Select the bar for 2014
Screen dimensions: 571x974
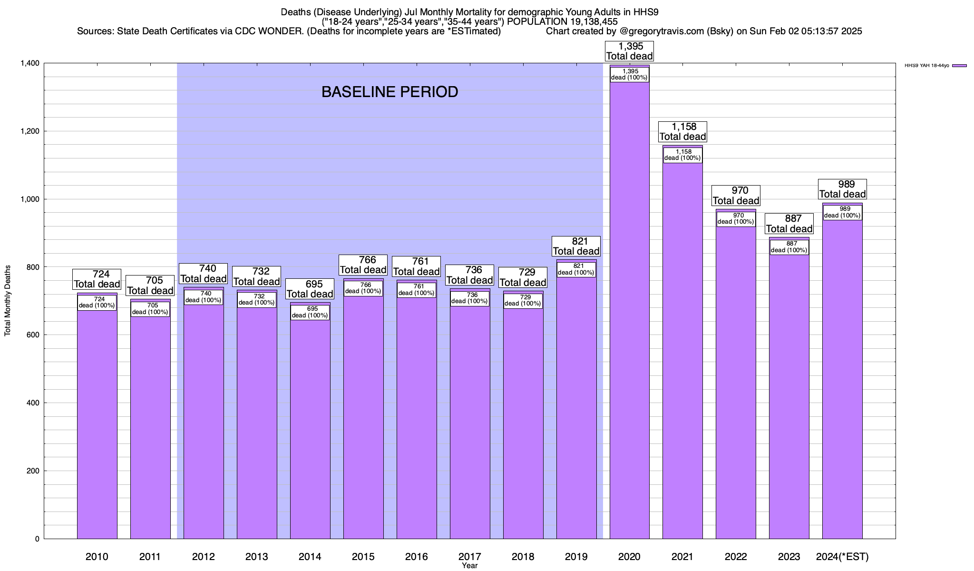310,428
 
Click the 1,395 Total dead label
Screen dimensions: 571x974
630,51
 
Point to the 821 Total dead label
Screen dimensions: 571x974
576,246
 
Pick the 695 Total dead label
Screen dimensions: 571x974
310,289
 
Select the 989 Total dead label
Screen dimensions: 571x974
842,189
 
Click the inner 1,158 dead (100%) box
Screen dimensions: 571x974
683,155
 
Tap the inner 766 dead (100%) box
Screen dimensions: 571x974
363,288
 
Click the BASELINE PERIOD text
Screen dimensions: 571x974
390,92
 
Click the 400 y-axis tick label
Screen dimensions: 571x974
33,403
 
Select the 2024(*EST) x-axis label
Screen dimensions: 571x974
842,557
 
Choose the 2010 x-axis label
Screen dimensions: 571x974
97,557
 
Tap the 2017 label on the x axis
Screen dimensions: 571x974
470,557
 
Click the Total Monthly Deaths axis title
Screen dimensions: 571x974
8,301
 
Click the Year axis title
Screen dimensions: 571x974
470,566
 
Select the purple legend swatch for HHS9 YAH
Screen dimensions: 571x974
959,66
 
